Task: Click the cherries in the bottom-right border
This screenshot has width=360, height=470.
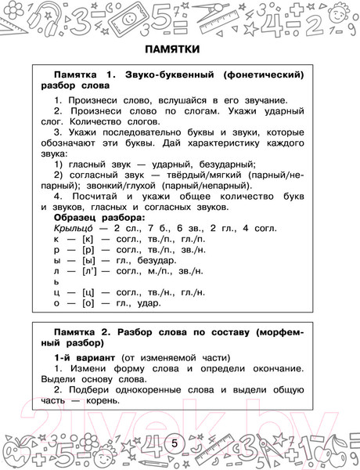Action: point(340,453)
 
